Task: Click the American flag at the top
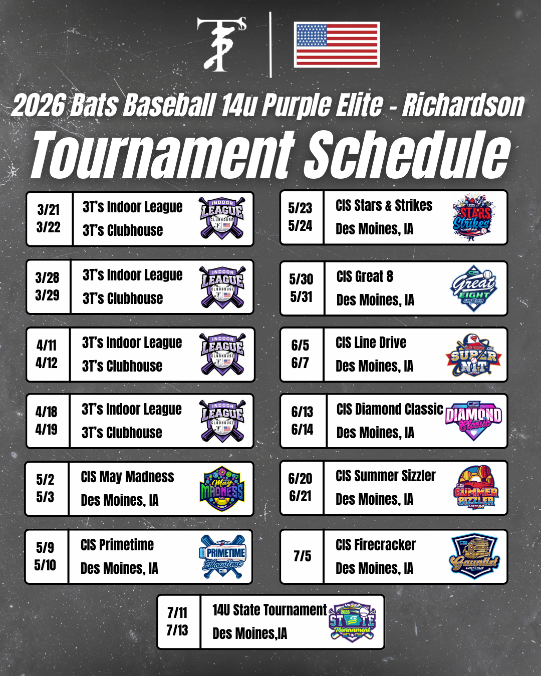coord(337,45)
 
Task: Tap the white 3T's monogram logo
coord(222,44)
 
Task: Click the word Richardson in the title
coord(463,105)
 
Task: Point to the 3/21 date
coord(49,209)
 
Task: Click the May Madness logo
coord(222,488)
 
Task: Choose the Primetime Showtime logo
coord(222,556)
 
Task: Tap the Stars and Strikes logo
coord(472,217)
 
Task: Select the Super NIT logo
coord(474,355)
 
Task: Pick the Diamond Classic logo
coord(473,421)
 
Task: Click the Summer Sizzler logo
coord(476,488)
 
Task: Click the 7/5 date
coord(302,556)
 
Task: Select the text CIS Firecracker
coord(376,545)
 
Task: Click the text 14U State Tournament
coord(269,610)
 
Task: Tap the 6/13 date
coord(302,412)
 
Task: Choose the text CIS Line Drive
coord(371,343)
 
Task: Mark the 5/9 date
coord(45,547)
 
